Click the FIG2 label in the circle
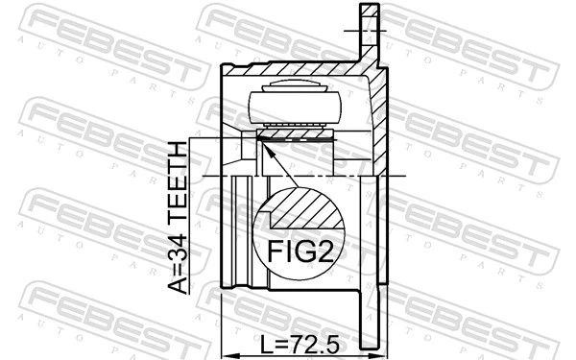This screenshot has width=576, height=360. (x=300, y=252)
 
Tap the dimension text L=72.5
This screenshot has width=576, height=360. (x=299, y=345)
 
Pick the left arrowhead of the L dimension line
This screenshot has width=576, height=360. (x=228, y=355)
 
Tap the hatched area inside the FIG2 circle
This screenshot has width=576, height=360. (x=308, y=208)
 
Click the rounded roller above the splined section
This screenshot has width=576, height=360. (x=296, y=107)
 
